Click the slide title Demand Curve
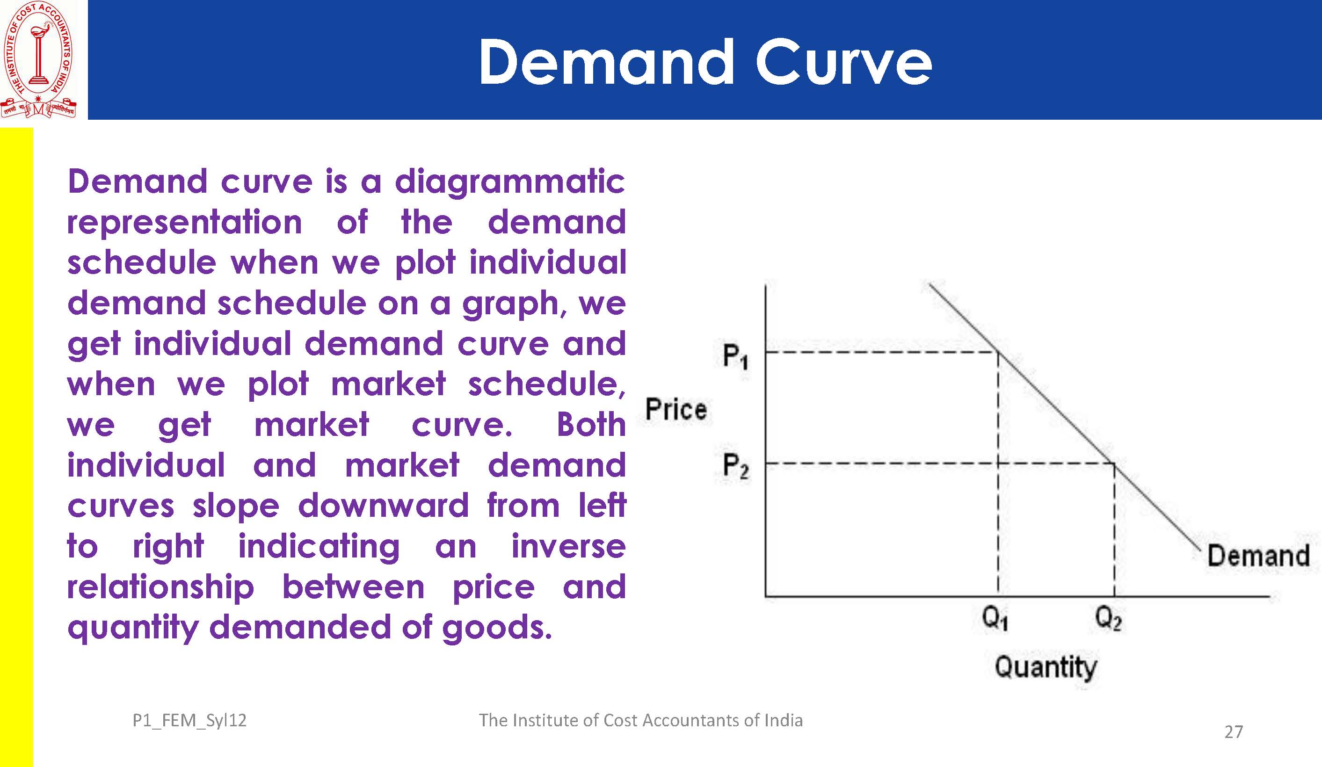(x=705, y=62)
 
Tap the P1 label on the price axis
(x=735, y=357)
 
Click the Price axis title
(x=676, y=409)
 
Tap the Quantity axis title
(x=1046, y=667)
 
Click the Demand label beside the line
(x=1258, y=556)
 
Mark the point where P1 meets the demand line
(x=998, y=352)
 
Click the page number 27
(x=1233, y=732)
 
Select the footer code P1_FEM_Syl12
(x=189, y=721)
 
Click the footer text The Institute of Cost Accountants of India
(x=640, y=720)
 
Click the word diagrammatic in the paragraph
(x=510, y=182)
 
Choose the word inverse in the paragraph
(x=569, y=546)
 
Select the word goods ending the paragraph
(x=497, y=629)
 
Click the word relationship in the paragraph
(x=160, y=587)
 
